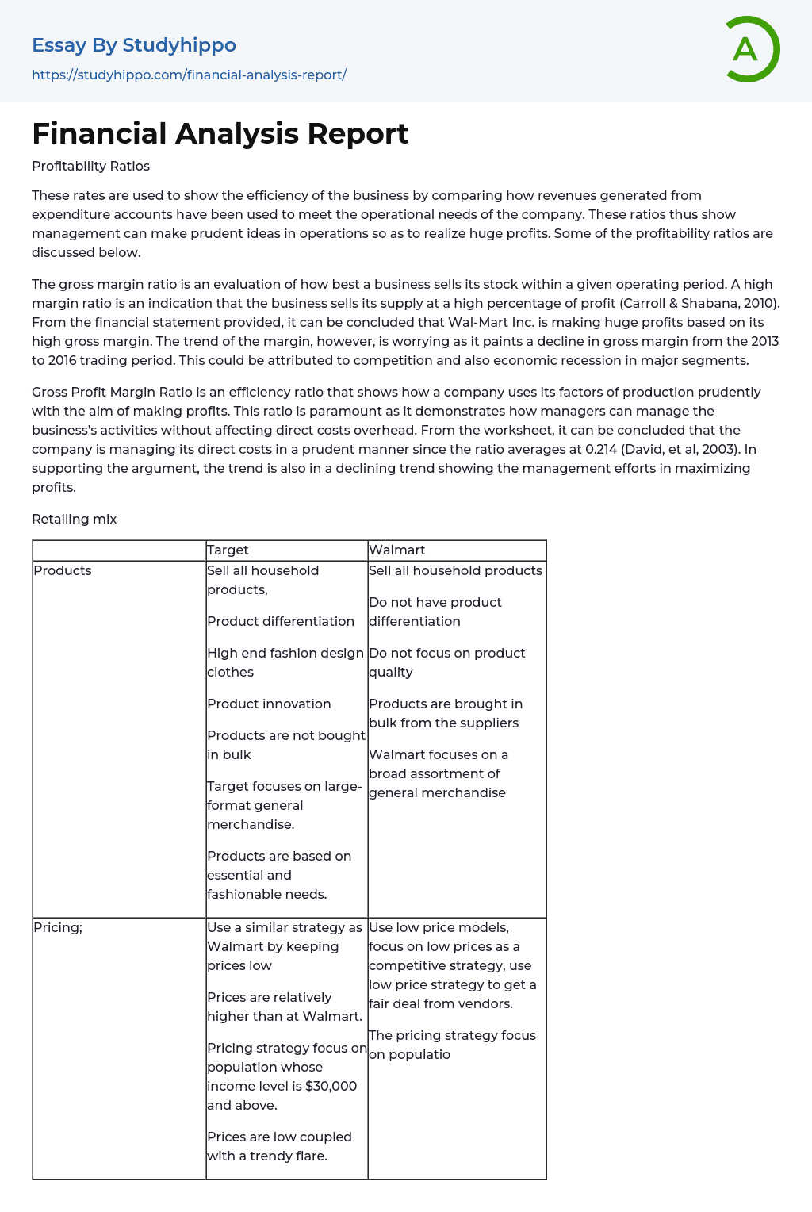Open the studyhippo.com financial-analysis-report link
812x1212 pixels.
coord(189,75)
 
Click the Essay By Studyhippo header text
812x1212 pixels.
coord(134,45)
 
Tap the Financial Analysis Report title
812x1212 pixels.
coord(220,133)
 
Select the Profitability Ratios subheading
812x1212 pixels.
coord(90,166)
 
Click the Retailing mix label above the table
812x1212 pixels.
coord(74,519)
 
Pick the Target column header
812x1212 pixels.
coord(228,550)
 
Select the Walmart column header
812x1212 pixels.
coord(397,550)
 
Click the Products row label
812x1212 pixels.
coord(63,570)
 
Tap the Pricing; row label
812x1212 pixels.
coord(58,927)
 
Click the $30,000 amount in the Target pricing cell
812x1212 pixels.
coord(331,1086)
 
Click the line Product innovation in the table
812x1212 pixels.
coord(269,704)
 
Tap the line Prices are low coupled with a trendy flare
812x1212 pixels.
coord(279,1146)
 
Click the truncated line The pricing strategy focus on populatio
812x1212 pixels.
coord(452,1045)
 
